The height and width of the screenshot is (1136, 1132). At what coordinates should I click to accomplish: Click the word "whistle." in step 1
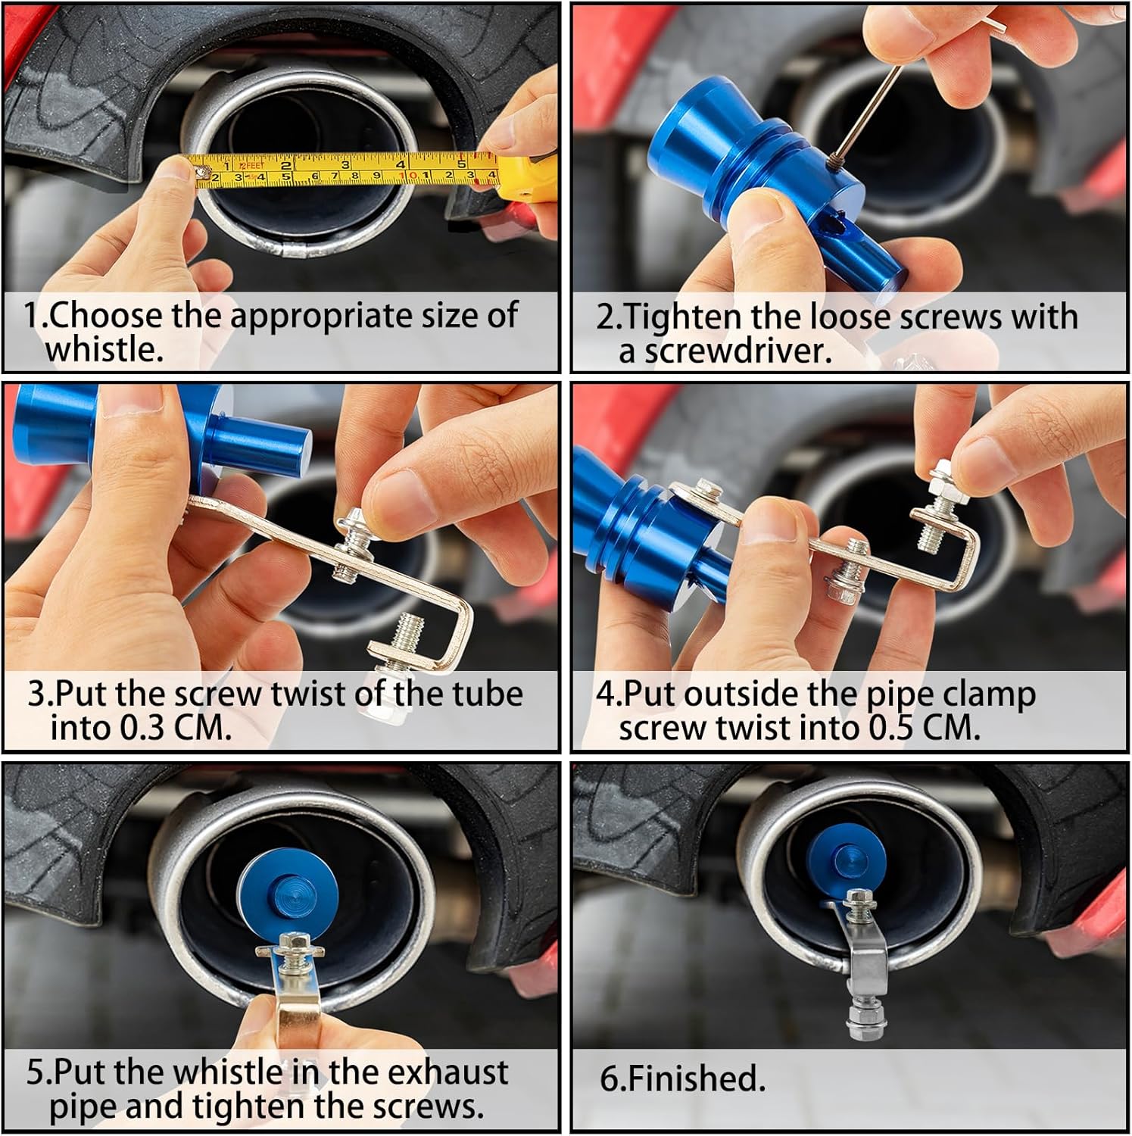[x=104, y=349]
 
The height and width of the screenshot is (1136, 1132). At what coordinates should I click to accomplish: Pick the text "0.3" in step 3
[x=143, y=728]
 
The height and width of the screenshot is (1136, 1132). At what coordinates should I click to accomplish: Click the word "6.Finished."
[x=683, y=1078]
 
